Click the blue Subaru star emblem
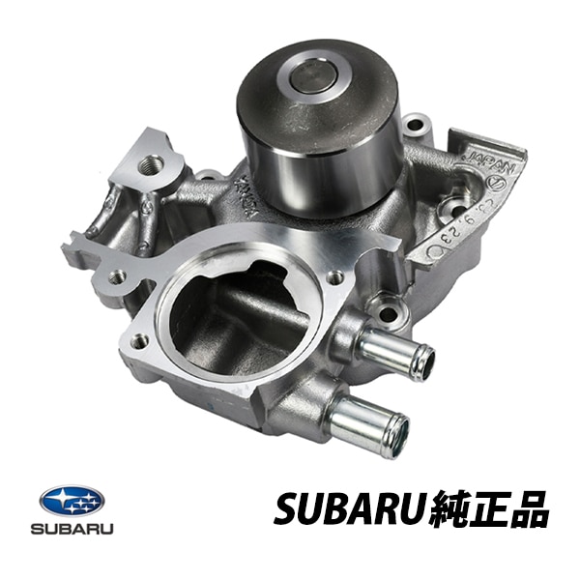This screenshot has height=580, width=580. (x=72, y=502)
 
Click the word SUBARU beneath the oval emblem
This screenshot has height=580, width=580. (x=72, y=530)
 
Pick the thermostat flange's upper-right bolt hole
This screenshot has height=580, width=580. (x=334, y=276)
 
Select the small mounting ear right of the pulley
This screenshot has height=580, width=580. (x=416, y=125)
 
